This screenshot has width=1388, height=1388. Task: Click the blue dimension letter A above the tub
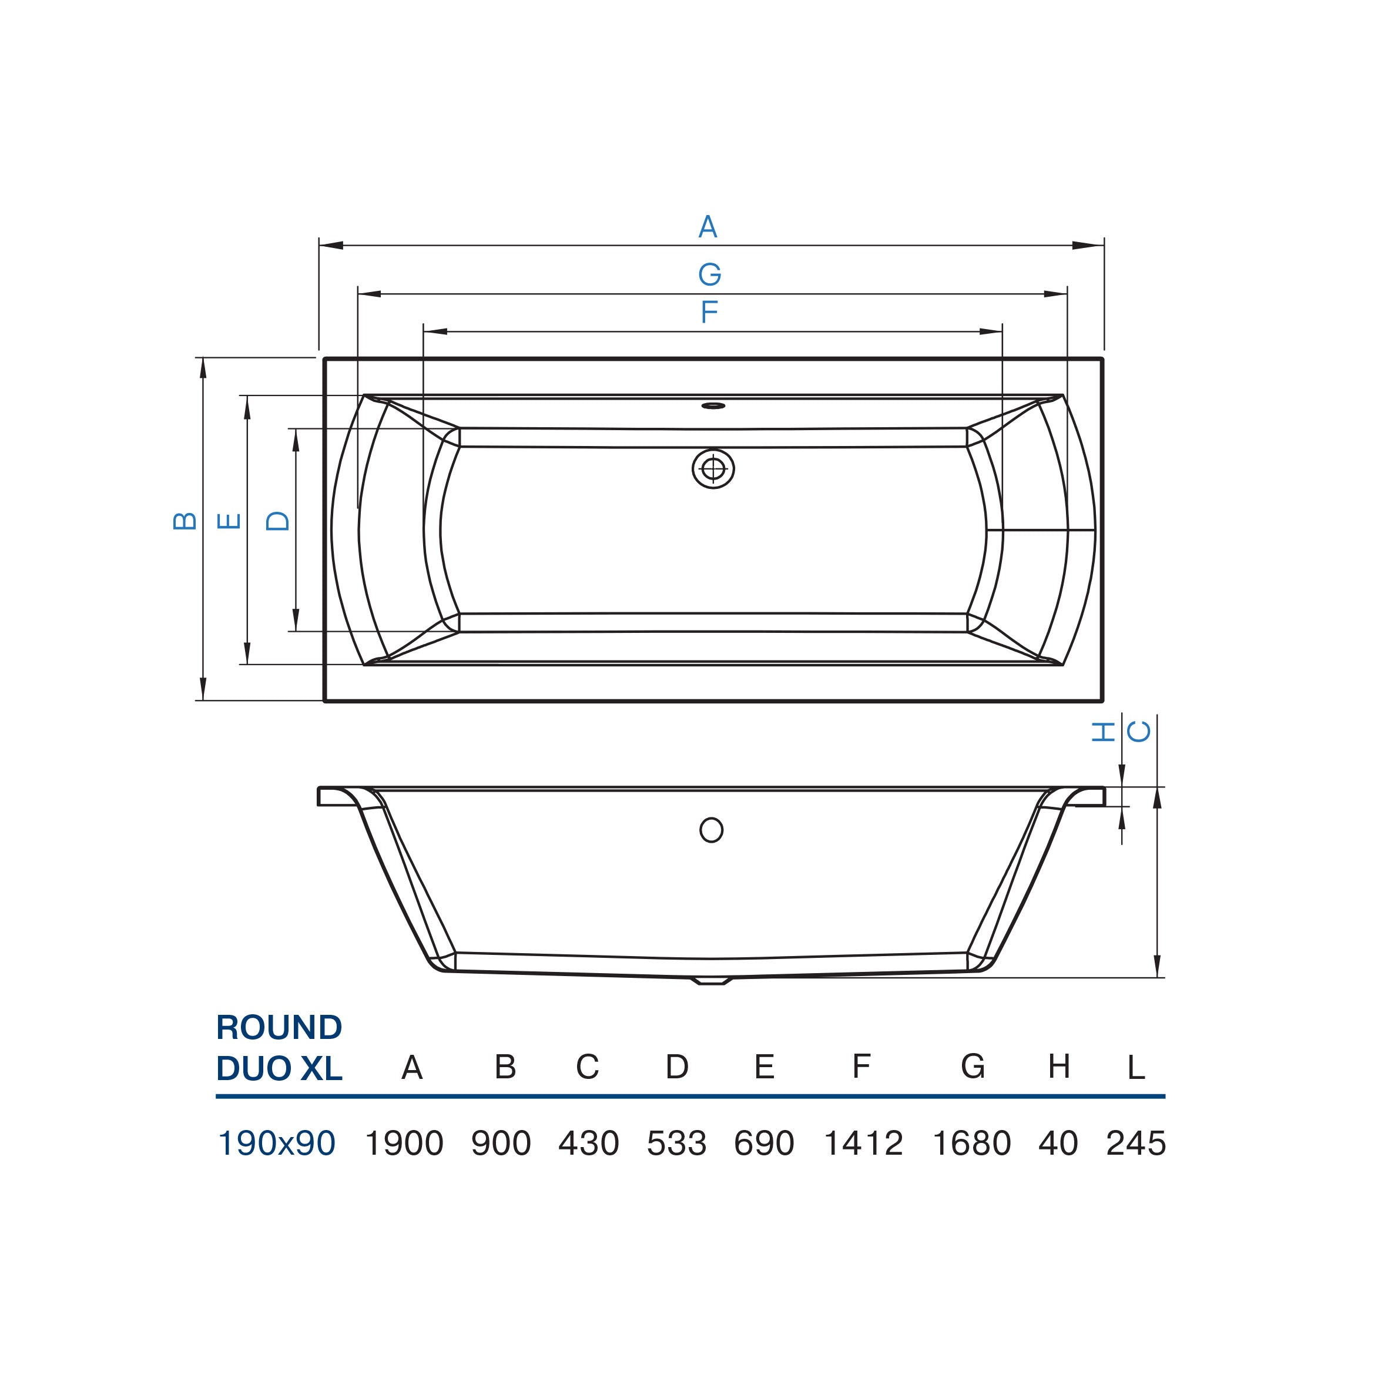coord(708,227)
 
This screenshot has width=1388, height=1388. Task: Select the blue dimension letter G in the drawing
coord(710,274)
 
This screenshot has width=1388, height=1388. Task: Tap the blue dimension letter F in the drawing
coord(710,313)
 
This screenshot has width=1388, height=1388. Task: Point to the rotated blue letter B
coord(185,521)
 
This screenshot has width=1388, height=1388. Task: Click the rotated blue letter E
coord(229,521)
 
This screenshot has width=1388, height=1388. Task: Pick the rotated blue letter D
coord(278,521)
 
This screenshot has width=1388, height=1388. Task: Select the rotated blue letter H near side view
coord(1103,732)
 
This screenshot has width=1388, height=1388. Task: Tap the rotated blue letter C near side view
coord(1138,732)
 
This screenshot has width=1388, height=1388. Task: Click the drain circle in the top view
coord(713,469)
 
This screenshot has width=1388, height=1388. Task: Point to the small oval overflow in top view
coord(713,406)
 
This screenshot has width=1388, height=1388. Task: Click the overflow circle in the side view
coord(711,830)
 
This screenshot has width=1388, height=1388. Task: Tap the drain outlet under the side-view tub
coord(711,980)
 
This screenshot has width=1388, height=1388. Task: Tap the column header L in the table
coord(1136,1068)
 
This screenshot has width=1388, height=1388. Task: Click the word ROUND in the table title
coord(279,1028)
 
